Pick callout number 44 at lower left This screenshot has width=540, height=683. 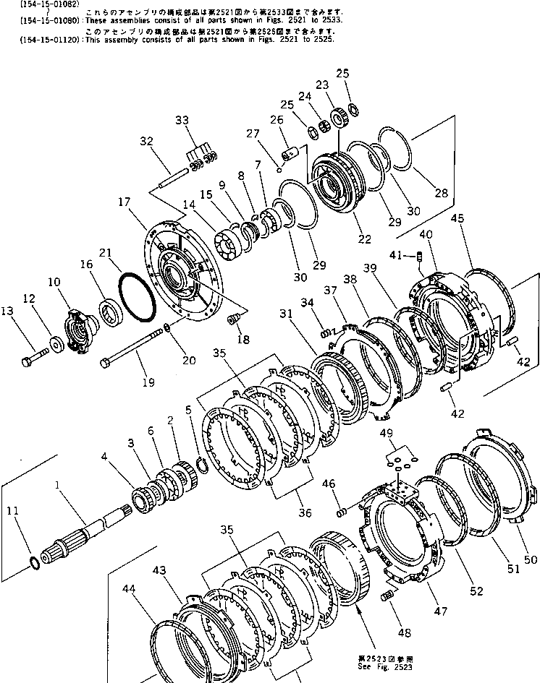point(130,590)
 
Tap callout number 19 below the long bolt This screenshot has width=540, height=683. point(148,382)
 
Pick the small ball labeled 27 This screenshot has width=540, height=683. point(279,171)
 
